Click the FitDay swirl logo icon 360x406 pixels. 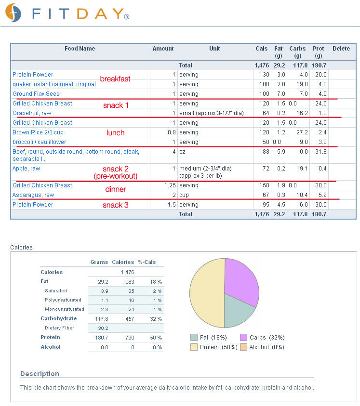13,13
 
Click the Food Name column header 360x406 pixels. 80,49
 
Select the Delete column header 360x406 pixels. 341,49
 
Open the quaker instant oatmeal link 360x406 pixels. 54,84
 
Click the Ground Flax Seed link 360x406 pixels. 36,94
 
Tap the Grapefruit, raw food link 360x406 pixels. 32,113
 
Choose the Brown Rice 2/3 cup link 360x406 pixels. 38,132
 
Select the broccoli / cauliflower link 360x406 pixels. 40,142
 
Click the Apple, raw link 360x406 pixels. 26,169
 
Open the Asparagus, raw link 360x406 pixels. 33,195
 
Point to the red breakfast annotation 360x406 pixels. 115,79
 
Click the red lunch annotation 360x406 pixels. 116,132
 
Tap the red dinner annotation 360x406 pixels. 116,189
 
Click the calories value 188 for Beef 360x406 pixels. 265,152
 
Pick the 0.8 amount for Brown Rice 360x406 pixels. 172,132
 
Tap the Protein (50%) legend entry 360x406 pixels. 214,347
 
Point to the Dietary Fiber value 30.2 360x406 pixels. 103,328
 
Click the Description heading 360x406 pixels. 40,374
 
